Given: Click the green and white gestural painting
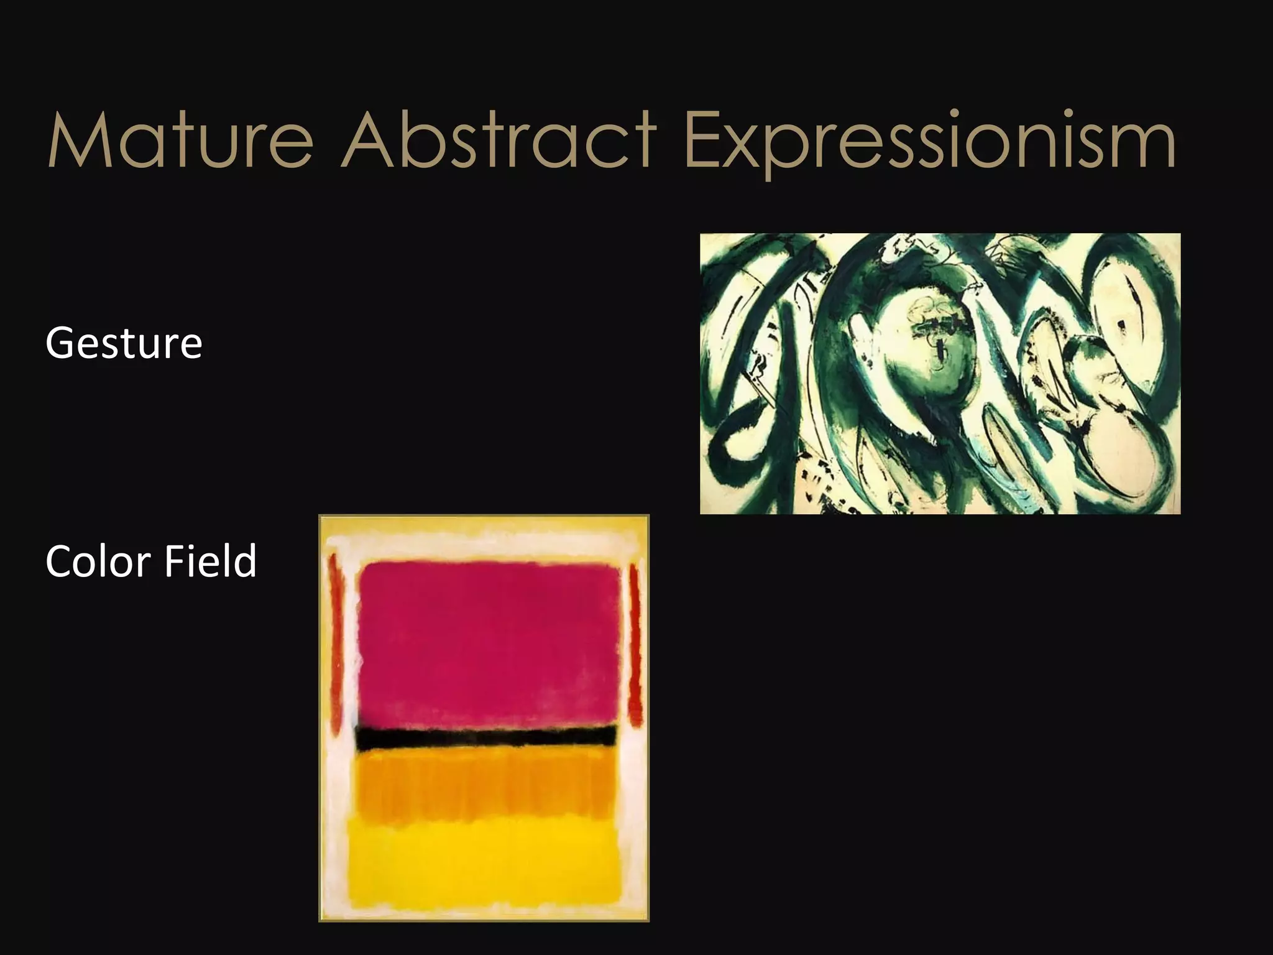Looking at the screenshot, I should [940, 373].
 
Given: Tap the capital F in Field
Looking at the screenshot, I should [175, 561].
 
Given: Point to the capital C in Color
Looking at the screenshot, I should [60, 561].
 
